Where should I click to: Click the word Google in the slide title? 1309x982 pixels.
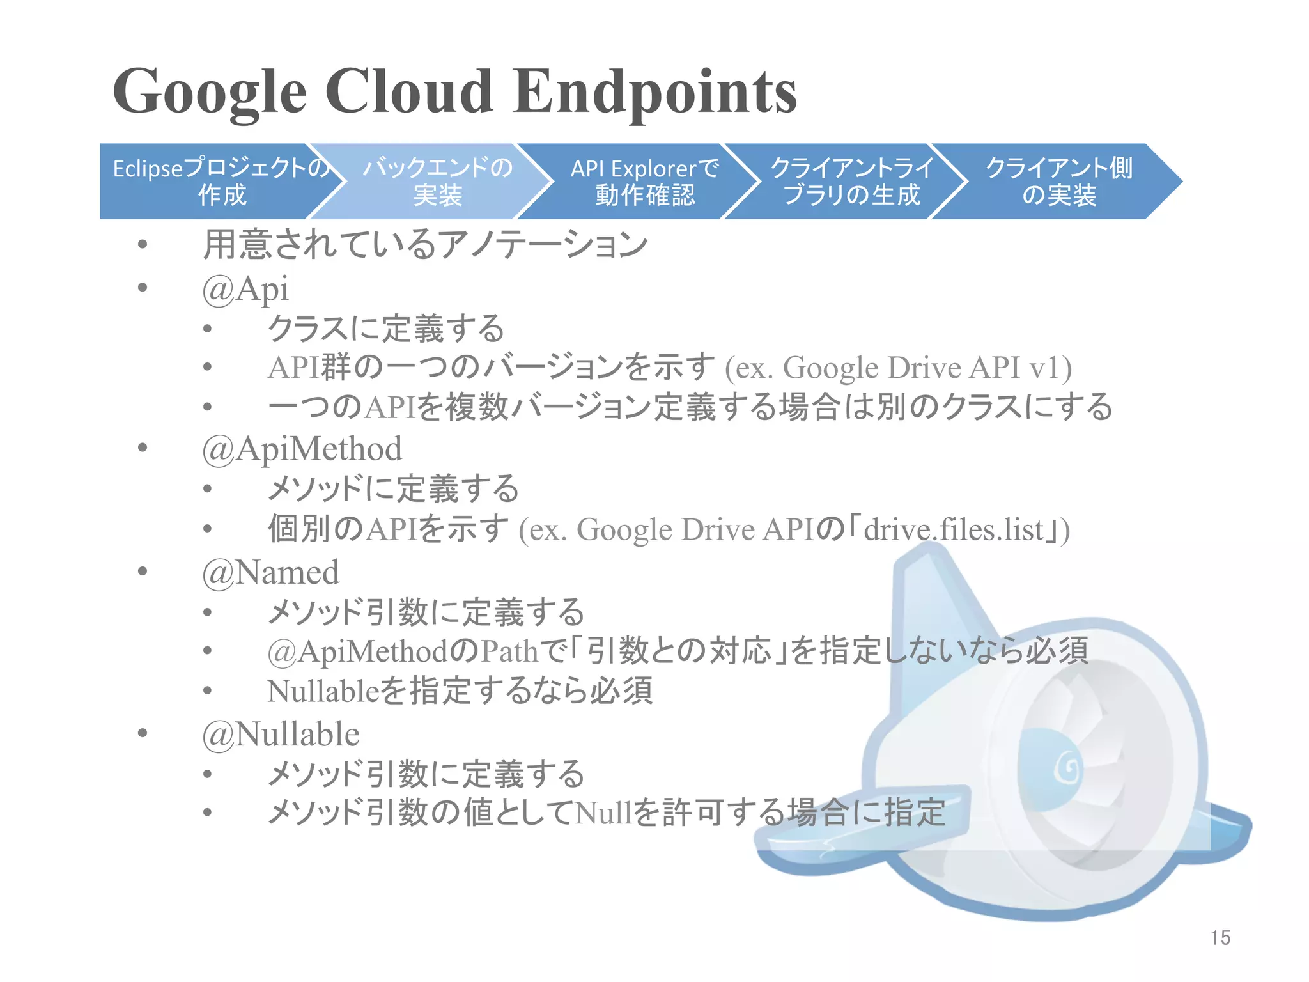tap(210, 93)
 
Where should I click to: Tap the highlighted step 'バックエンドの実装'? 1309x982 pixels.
tap(438, 182)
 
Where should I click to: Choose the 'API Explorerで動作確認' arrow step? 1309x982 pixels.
tap(644, 182)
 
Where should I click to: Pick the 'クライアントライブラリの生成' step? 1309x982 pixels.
tap(851, 182)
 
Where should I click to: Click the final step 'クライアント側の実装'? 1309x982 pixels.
tap(1058, 182)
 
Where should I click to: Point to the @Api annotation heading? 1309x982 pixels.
tap(245, 289)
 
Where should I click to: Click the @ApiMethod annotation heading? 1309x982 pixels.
tap(302, 449)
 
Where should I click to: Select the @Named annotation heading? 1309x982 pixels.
tap(270, 573)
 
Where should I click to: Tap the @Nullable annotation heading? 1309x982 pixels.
tap(281, 734)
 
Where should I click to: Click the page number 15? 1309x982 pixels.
tap(1220, 938)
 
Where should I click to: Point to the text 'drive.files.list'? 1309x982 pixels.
tap(954, 530)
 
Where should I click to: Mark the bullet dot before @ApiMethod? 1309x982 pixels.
tap(143, 448)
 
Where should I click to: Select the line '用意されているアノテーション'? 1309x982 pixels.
tap(425, 245)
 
